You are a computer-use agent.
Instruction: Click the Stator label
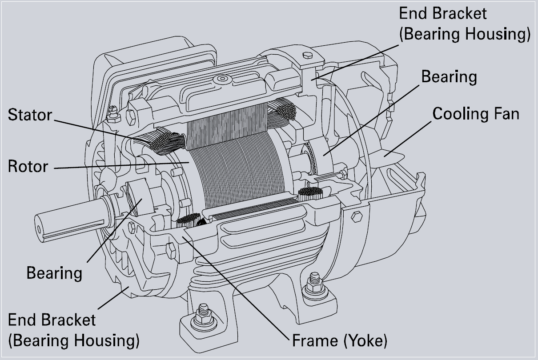30,115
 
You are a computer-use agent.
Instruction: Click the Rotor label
28,166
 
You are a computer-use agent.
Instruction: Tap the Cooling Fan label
475,114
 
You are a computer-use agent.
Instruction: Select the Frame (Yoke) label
340,341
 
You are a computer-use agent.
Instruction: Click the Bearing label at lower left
54,272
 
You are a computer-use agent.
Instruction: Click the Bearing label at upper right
449,77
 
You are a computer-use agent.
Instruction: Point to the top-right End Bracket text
442,13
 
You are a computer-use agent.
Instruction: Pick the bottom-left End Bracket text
52,320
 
